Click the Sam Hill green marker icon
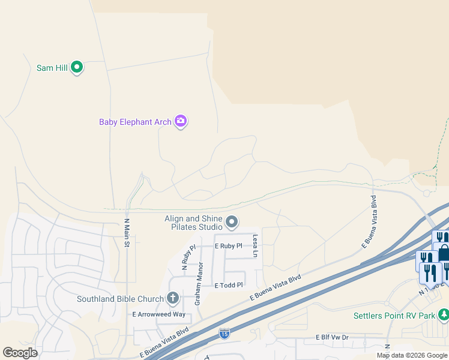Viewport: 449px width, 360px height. coord(77,67)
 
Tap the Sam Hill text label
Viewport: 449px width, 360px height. coord(52,68)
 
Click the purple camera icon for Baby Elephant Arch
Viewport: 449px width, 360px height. coord(181,121)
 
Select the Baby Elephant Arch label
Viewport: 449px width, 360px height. coord(135,122)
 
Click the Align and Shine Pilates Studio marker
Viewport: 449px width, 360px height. coord(232,223)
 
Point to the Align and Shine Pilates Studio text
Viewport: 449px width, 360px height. coord(194,223)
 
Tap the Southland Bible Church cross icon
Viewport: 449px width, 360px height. coord(173,298)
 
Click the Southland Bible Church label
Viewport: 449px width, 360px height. coord(120,299)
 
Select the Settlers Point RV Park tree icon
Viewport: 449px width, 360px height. coord(444,314)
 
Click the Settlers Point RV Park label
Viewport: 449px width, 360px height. coord(394,315)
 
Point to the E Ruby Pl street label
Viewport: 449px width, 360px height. coord(229,246)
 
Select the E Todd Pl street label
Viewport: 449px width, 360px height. coord(229,286)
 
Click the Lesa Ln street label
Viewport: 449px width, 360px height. coord(255,246)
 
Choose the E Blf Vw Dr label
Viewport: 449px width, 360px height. coord(333,337)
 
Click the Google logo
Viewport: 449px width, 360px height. coord(20,353)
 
